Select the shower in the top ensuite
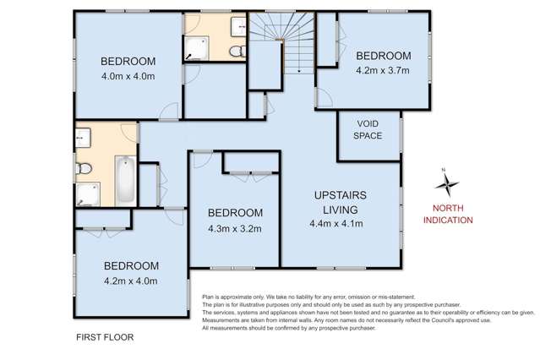pyautogui.click(x=196, y=51)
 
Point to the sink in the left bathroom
pyautogui.click(x=82, y=135)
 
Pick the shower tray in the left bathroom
pyautogui.click(x=86, y=198)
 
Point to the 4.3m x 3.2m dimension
pyautogui.click(x=235, y=228)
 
